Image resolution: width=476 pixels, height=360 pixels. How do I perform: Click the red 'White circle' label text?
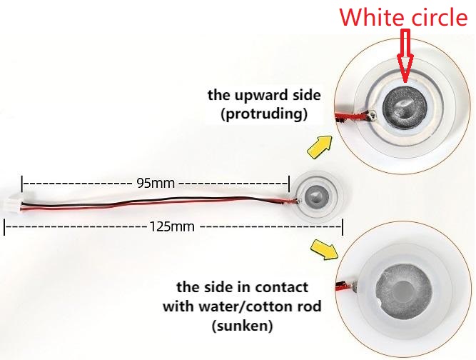[x=403, y=17]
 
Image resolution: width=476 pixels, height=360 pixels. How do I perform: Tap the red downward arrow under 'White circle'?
[x=405, y=56]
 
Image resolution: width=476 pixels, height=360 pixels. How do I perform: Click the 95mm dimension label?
[x=156, y=183]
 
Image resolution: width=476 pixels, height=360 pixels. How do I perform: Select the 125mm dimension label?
[x=172, y=226]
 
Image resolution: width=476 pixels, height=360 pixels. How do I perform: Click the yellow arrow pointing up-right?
[x=320, y=146]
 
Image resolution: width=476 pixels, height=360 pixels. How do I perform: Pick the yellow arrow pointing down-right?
[x=325, y=249]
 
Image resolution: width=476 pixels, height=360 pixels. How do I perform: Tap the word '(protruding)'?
[x=264, y=114]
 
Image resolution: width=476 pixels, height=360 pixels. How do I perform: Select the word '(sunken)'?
[x=242, y=326]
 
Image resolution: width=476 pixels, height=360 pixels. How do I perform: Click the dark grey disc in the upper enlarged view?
[x=405, y=107]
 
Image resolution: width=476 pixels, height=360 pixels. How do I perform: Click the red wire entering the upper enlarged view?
[x=352, y=117]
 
